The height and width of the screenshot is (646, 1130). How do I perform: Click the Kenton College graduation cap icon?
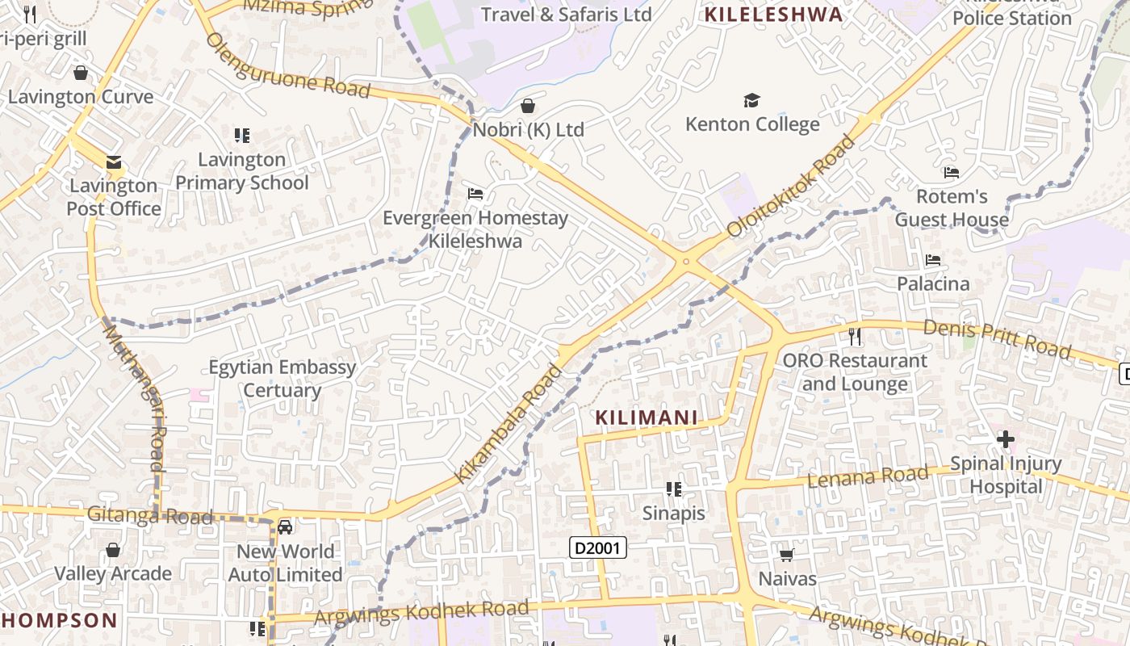[751, 101]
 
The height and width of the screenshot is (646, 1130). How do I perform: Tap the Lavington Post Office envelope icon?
[113, 162]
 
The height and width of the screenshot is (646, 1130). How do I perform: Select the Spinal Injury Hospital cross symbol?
[1005, 439]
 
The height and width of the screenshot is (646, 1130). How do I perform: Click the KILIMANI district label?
[646, 417]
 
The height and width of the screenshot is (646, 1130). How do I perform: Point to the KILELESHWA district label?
[773, 14]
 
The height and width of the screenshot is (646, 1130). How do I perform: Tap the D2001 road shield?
[597, 547]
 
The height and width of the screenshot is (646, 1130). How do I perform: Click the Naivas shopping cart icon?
[787, 555]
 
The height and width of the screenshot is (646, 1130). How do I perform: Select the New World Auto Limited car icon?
[285, 527]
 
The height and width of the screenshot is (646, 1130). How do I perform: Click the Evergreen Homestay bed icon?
[475, 194]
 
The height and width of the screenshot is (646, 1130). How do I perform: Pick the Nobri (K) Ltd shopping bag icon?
[528, 106]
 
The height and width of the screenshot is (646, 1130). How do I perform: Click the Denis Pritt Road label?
[996, 339]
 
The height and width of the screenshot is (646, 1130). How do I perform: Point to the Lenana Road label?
[868, 477]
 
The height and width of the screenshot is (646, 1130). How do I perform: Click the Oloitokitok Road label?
[791, 187]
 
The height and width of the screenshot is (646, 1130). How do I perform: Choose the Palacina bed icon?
[933, 260]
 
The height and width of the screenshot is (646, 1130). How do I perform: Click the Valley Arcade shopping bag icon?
[113, 550]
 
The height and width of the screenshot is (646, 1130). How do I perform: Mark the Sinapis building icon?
[674, 489]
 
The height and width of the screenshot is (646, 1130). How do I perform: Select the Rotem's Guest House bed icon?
[952, 172]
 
